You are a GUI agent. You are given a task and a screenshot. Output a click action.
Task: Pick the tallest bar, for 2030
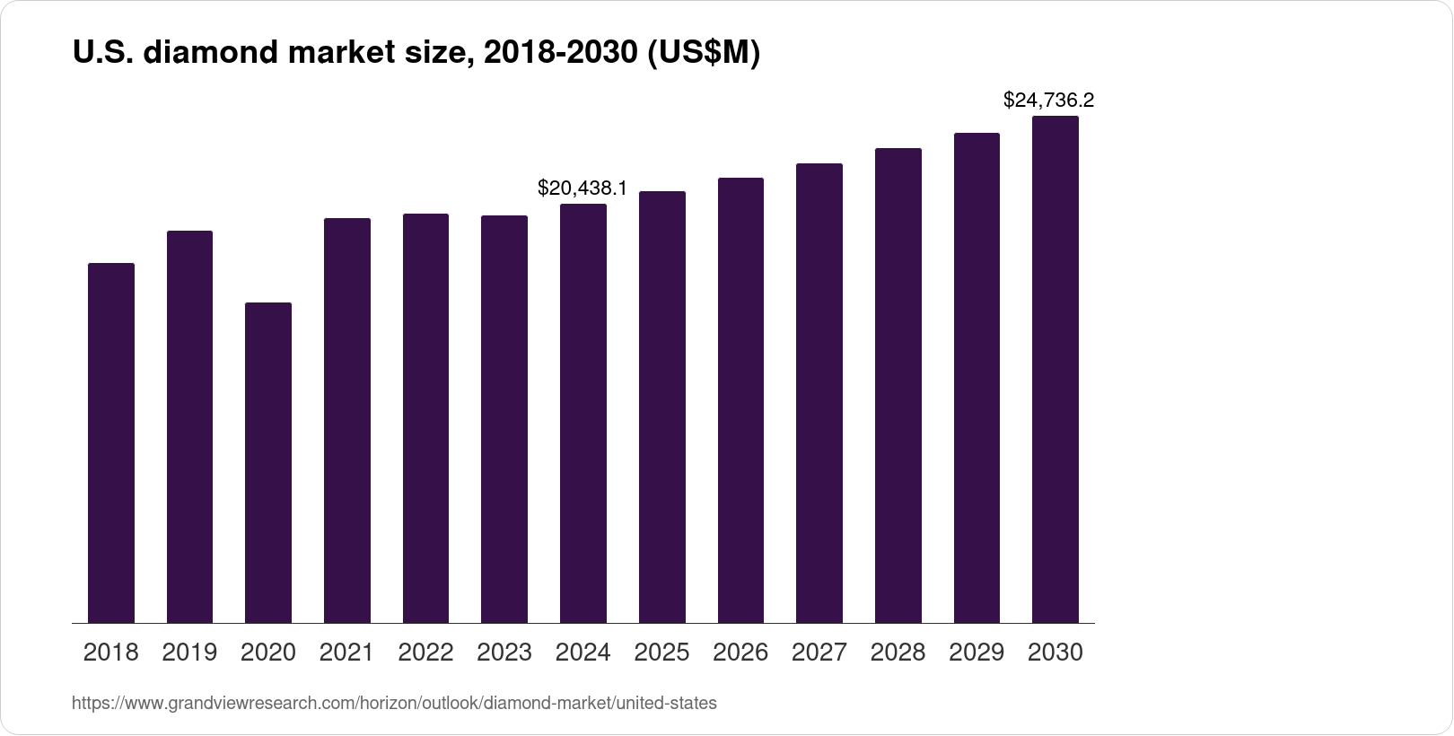(1055, 369)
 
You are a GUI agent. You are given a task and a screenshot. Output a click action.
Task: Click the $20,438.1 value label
(582, 188)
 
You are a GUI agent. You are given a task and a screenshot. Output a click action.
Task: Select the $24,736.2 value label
(1048, 100)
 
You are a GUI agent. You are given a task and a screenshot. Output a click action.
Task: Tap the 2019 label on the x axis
(189, 653)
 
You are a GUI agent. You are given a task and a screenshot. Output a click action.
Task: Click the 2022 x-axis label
(425, 653)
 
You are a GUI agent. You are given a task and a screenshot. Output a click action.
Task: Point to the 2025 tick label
(661, 653)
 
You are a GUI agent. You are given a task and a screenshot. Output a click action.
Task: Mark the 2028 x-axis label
(898, 653)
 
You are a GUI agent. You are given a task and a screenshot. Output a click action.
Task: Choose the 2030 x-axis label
(1055, 653)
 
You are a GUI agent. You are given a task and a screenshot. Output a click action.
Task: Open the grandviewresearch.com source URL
(394, 704)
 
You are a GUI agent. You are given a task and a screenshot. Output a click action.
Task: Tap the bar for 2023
(504, 419)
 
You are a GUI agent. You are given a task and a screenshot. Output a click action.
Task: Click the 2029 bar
(977, 378)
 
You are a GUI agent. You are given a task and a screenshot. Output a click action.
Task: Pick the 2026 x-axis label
(740, 653)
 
